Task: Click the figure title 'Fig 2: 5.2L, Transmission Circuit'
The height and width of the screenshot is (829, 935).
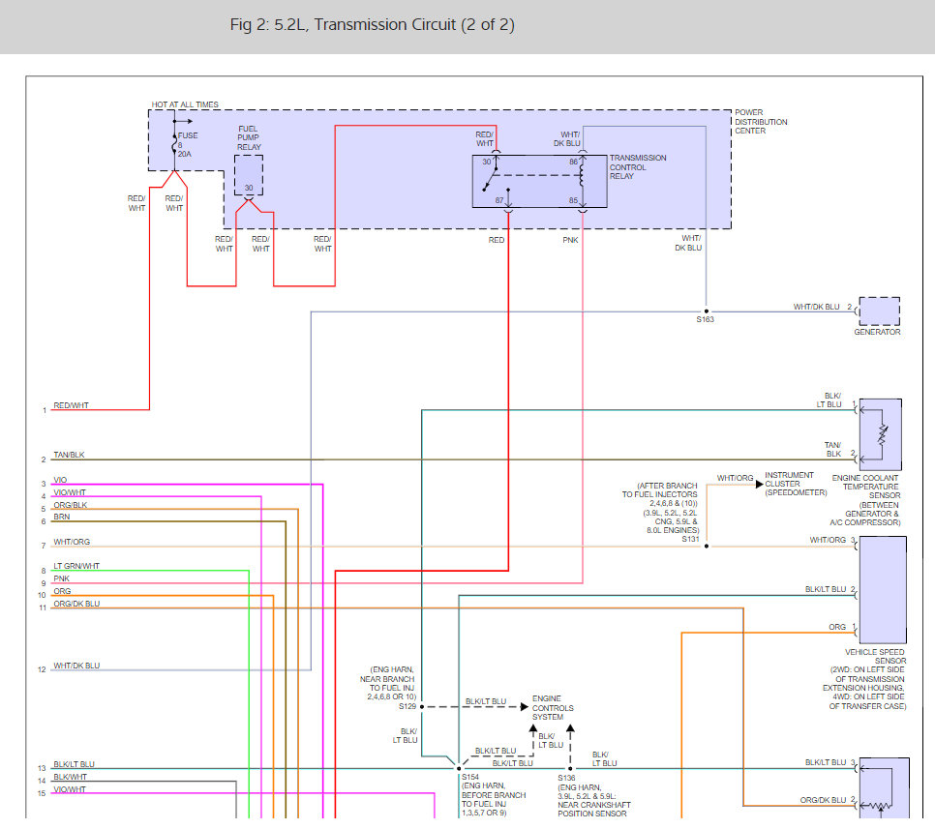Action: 372,24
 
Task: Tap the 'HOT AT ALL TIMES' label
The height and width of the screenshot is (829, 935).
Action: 185,104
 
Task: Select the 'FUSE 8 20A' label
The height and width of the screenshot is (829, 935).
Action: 188,144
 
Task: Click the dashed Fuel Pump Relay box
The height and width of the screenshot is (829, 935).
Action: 249,175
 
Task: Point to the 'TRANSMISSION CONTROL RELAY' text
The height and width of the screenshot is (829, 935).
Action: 637,167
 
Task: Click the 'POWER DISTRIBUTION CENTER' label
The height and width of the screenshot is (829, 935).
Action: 761,121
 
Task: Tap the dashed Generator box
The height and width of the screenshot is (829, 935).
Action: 878,311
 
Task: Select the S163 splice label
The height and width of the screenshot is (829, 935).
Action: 705,320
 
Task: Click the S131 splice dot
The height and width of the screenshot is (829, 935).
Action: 706,546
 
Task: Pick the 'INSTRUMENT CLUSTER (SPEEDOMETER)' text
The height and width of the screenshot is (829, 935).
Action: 796,484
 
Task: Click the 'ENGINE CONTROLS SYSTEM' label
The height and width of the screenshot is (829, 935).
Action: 547,707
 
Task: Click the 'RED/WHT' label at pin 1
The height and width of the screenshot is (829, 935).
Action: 71,405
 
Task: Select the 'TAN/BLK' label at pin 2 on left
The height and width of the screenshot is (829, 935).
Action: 69,455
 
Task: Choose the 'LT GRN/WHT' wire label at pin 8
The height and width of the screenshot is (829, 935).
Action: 76,566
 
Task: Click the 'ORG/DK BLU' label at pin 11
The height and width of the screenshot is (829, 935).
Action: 76,604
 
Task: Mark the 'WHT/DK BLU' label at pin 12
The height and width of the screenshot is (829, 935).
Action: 76,666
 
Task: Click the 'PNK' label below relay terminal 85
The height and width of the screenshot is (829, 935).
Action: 570,240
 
